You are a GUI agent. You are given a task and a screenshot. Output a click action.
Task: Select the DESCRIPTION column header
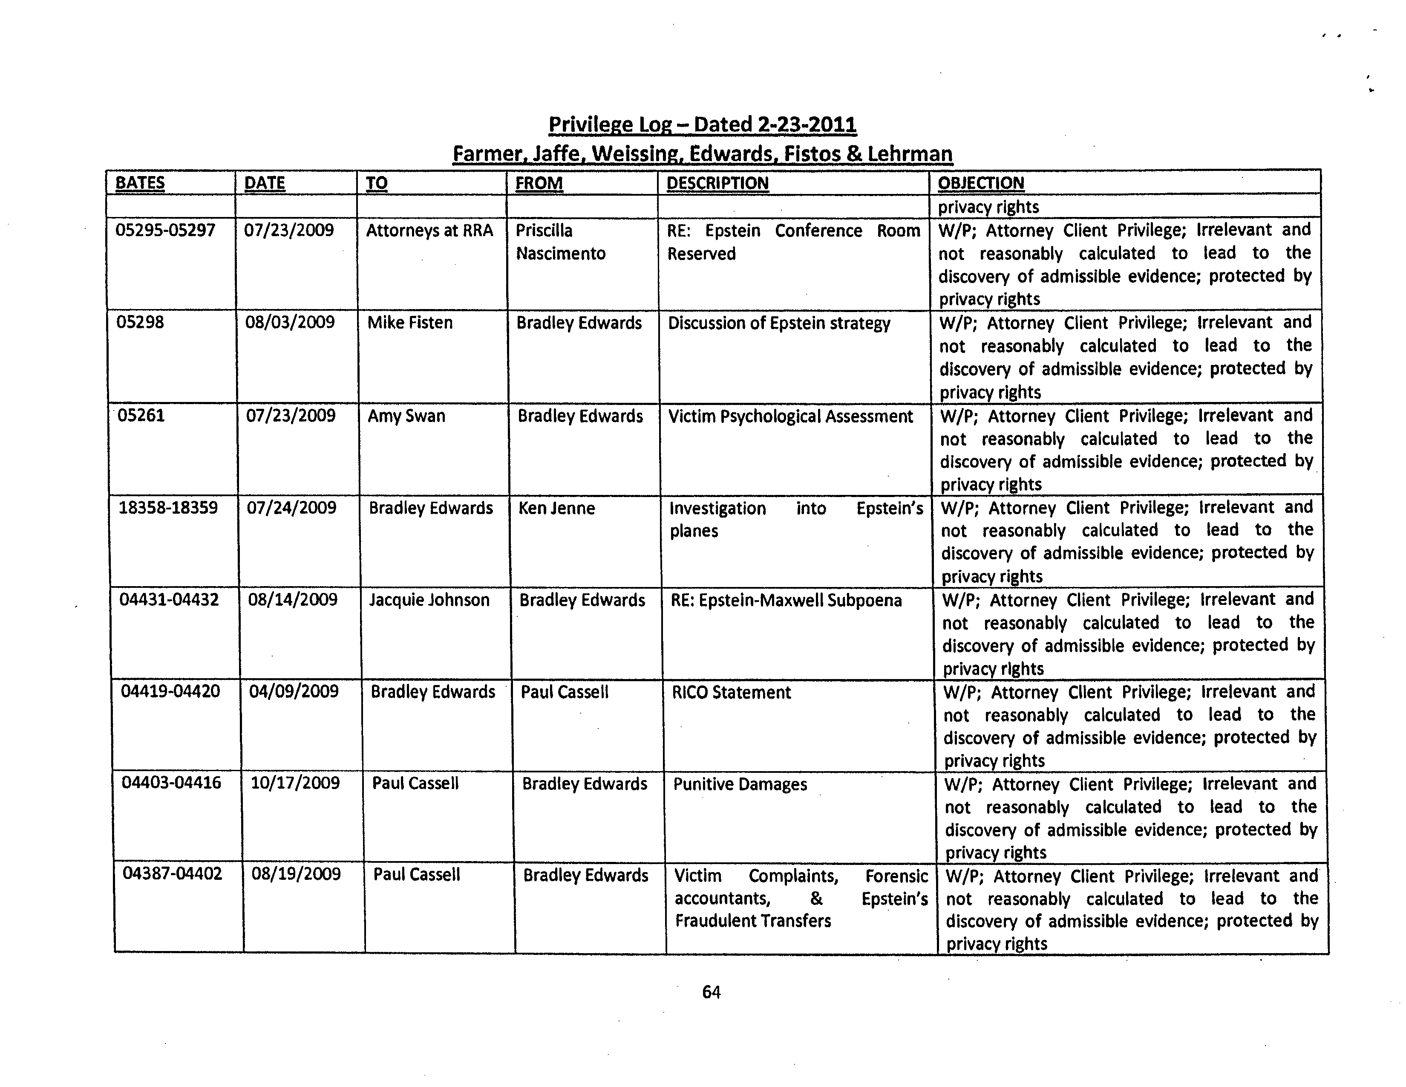[x=717, y=184]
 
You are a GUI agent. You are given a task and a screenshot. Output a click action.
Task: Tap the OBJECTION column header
[x=980, y=184]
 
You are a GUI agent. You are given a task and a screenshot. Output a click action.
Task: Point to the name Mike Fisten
[x=409, y=323]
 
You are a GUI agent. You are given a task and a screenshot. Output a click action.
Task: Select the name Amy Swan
[x=406, y=416]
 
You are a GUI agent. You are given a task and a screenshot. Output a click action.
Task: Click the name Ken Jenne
[x=556, y=509]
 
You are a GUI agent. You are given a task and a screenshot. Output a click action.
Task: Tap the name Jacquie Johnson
[x=429, y=600]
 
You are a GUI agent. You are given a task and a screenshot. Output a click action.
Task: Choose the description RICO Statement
[x=731, y=693]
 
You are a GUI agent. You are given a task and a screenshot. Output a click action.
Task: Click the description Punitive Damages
[x=740, y=784]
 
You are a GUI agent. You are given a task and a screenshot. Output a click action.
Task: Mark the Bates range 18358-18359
[x=168, y=508]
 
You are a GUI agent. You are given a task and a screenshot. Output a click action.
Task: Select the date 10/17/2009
[x=295, y=783]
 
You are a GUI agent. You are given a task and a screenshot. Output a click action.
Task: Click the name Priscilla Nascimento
[x=560, y=242]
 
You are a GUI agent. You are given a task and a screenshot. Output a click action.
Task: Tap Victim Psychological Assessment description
[x=790, y=416]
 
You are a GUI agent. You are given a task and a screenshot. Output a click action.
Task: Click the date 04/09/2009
[x=294, y=691]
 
